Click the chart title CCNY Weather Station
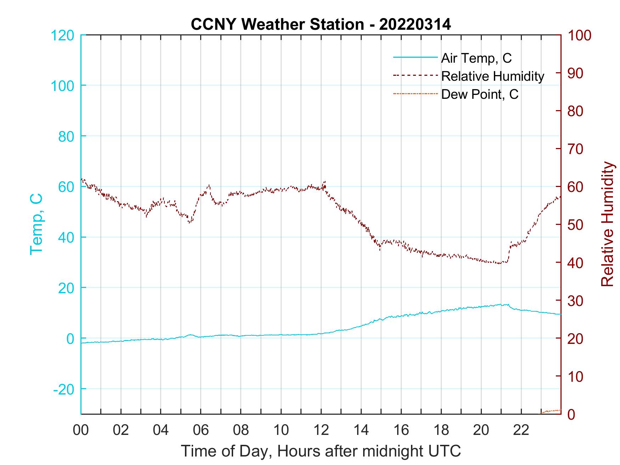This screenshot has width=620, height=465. [321, 24]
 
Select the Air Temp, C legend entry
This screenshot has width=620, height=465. [476, 58]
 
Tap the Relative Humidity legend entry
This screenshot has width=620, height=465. [492, 76]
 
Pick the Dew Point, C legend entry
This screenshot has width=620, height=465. [480, 94]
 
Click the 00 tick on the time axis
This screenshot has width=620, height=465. [81, 430]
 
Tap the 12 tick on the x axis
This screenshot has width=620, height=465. [321, 430]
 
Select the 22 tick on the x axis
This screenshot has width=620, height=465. [521, 430]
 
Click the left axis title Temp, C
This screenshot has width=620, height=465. [36, 224]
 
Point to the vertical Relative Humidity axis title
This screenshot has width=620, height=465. [607, 224]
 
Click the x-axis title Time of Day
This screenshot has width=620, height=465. [321, 451]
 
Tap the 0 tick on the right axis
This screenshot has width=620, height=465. [573, 414]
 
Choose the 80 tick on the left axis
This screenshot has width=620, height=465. [66, 136]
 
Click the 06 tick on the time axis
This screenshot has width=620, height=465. [201, 430]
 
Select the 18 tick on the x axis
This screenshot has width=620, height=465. [441, 430]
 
